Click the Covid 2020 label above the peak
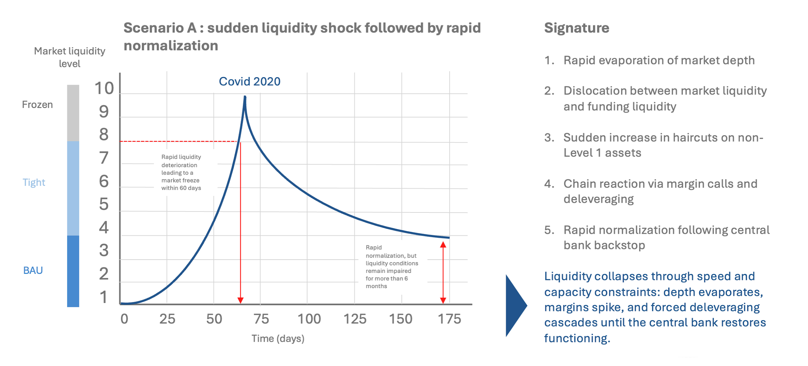[x=249, y=81]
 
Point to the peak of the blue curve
[x=245, y=97]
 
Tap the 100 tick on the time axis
[x=309, y=319]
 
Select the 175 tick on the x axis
[x=449, y=319]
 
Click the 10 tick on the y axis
[x=104, y=88]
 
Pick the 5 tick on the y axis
[x=104, y=204]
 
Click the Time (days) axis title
[x=278, y=339]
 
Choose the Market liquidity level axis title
[x=70, y=57]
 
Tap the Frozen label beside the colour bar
[x=37, y=105]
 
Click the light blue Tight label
[x=34, y=182]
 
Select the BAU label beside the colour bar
[x=33, y=270]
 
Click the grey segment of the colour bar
[x=73, y=113]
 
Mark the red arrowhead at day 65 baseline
[x=240, y=300]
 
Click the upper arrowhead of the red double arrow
[x=443, y=245]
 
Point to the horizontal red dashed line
[x=178, y=141]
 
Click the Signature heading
[x=576, y=28]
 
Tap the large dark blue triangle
[x=515, y=306]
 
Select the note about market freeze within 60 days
[x=181, y=172]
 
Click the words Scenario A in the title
[x=160, y=28]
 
